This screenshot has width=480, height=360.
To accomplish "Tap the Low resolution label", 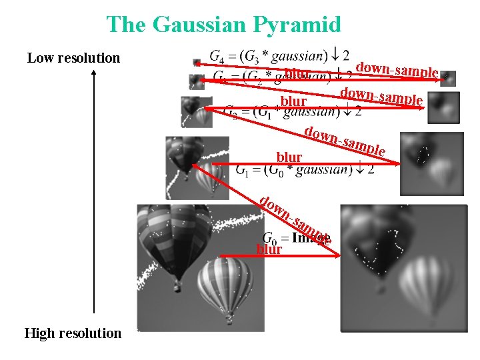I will point(73,58).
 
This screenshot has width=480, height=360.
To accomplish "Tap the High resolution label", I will point(73,333).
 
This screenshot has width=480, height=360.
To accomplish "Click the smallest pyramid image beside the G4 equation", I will point(197,62).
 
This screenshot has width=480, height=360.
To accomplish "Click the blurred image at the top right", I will point(448,78).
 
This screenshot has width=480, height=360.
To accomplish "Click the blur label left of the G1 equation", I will point(289,157).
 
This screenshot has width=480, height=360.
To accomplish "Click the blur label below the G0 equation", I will point(269,250).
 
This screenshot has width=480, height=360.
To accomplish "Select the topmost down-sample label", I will point(397,69).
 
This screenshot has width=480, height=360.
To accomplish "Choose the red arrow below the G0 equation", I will point(280,255).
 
